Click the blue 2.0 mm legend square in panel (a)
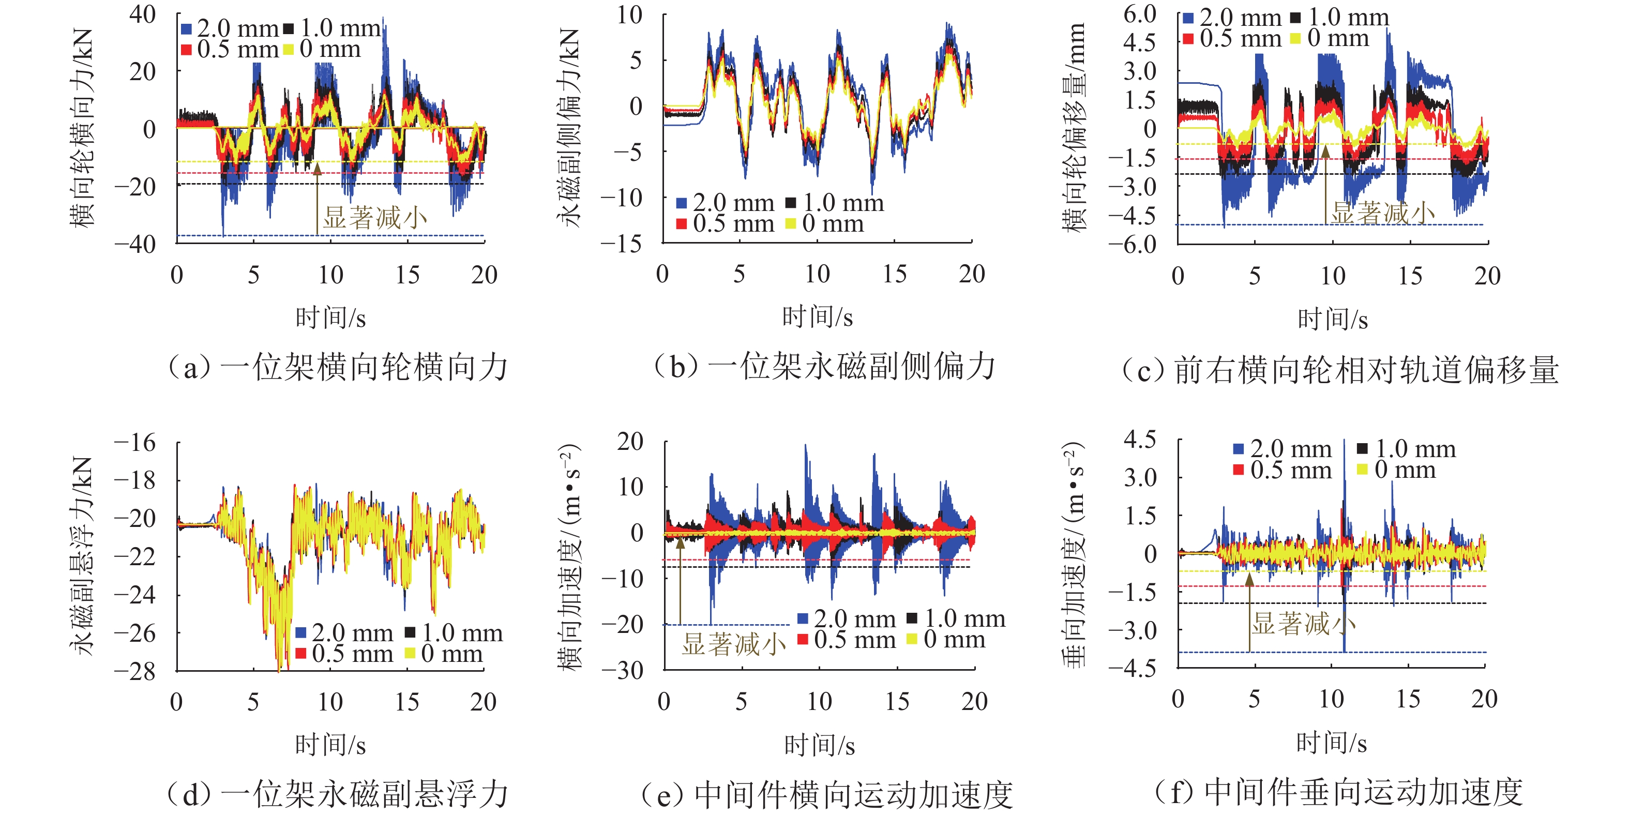[187, 28]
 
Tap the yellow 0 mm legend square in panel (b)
[790, 223]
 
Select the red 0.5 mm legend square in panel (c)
[1188, 39]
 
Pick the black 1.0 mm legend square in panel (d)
[410, 632]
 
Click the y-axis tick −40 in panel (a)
[135, 244]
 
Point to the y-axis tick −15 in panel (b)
[621, 244]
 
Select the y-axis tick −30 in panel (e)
[622, 671]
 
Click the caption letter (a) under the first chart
[190, 368]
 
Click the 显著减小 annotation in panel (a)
[375, 218]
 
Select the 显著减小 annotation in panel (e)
[733, 644]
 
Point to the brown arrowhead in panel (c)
[1325, 150]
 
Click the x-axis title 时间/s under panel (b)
[817, 317]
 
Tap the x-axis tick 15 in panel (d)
[406, 702]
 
